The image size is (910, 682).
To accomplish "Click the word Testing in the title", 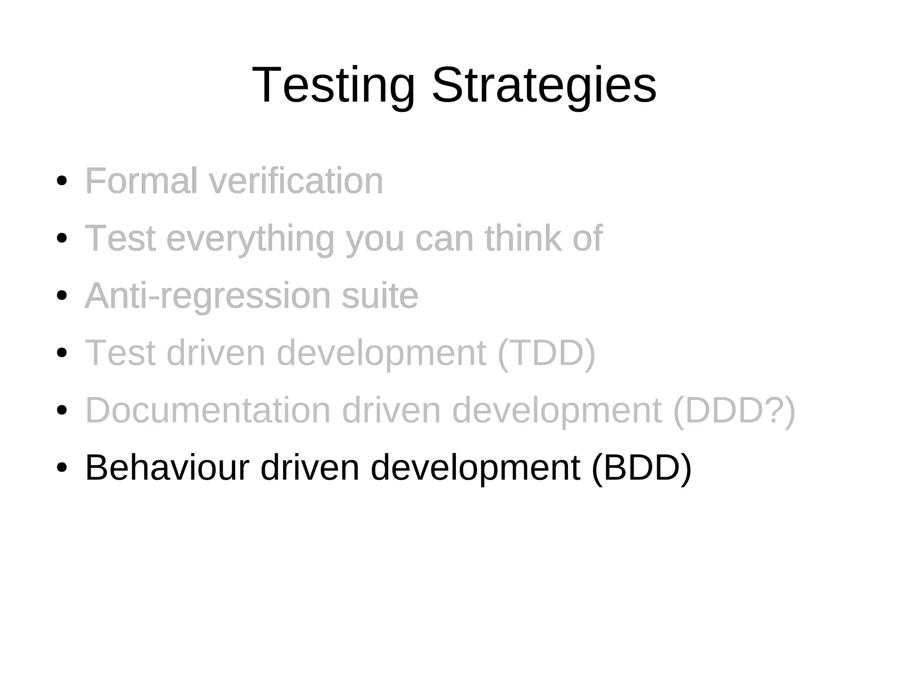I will coord(333,85).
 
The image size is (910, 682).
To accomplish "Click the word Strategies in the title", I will coord(543,85).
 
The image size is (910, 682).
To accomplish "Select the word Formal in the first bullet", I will coord(141,181).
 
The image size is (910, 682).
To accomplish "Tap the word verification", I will coord(295,181).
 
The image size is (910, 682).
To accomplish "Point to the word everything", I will coord(250,239).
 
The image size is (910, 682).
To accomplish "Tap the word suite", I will coord(380,296).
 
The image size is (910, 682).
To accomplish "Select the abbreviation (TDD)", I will coord(546,353).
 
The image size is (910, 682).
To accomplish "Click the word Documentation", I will coord(208,411).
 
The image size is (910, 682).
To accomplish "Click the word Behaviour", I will coord(167,468).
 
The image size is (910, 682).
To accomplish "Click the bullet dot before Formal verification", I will coord(62,181).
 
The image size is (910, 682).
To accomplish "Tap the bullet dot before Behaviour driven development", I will coord(62,467).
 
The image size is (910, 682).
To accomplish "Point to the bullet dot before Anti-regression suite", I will coord(62,295).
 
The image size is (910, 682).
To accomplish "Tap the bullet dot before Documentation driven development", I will coord(62,410).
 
